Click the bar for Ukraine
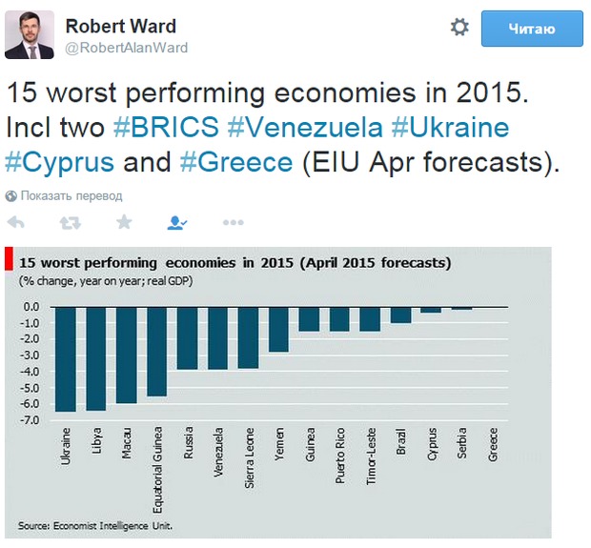65,358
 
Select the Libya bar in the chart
96,358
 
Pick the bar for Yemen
278,329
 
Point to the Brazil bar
400,315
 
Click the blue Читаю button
532,29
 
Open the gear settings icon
459,28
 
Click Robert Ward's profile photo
29,36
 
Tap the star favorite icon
124,222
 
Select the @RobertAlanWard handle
126,47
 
